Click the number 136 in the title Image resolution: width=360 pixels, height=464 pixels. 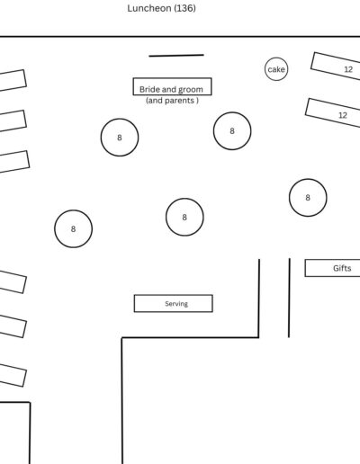(x=184, y=8)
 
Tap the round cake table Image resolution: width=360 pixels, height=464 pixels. (x=276, y=69)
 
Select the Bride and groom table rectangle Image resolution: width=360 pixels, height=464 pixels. (x=172, y=86)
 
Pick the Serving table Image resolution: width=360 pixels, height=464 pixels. (x=174, y=303)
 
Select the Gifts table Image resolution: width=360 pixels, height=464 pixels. (x=332, y=268)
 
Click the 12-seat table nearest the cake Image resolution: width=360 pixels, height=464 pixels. (x=336, y=66)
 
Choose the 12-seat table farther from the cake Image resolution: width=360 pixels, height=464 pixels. (x=332, y=112)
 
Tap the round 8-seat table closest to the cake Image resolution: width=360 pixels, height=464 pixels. (x=232, y=131)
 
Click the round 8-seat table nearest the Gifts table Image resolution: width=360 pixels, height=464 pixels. (x=308, y=198)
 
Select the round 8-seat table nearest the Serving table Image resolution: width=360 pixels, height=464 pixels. (x=184, y=217)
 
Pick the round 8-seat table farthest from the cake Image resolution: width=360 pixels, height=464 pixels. (x=73, y=228)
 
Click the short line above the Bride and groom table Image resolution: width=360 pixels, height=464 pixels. (x=176, y=56)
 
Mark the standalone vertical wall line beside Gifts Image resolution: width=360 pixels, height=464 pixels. (x=289, y=298)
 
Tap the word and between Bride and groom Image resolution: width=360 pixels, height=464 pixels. (x=169, y=89)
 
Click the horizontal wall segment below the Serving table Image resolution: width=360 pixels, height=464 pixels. (x=190, y=338)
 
